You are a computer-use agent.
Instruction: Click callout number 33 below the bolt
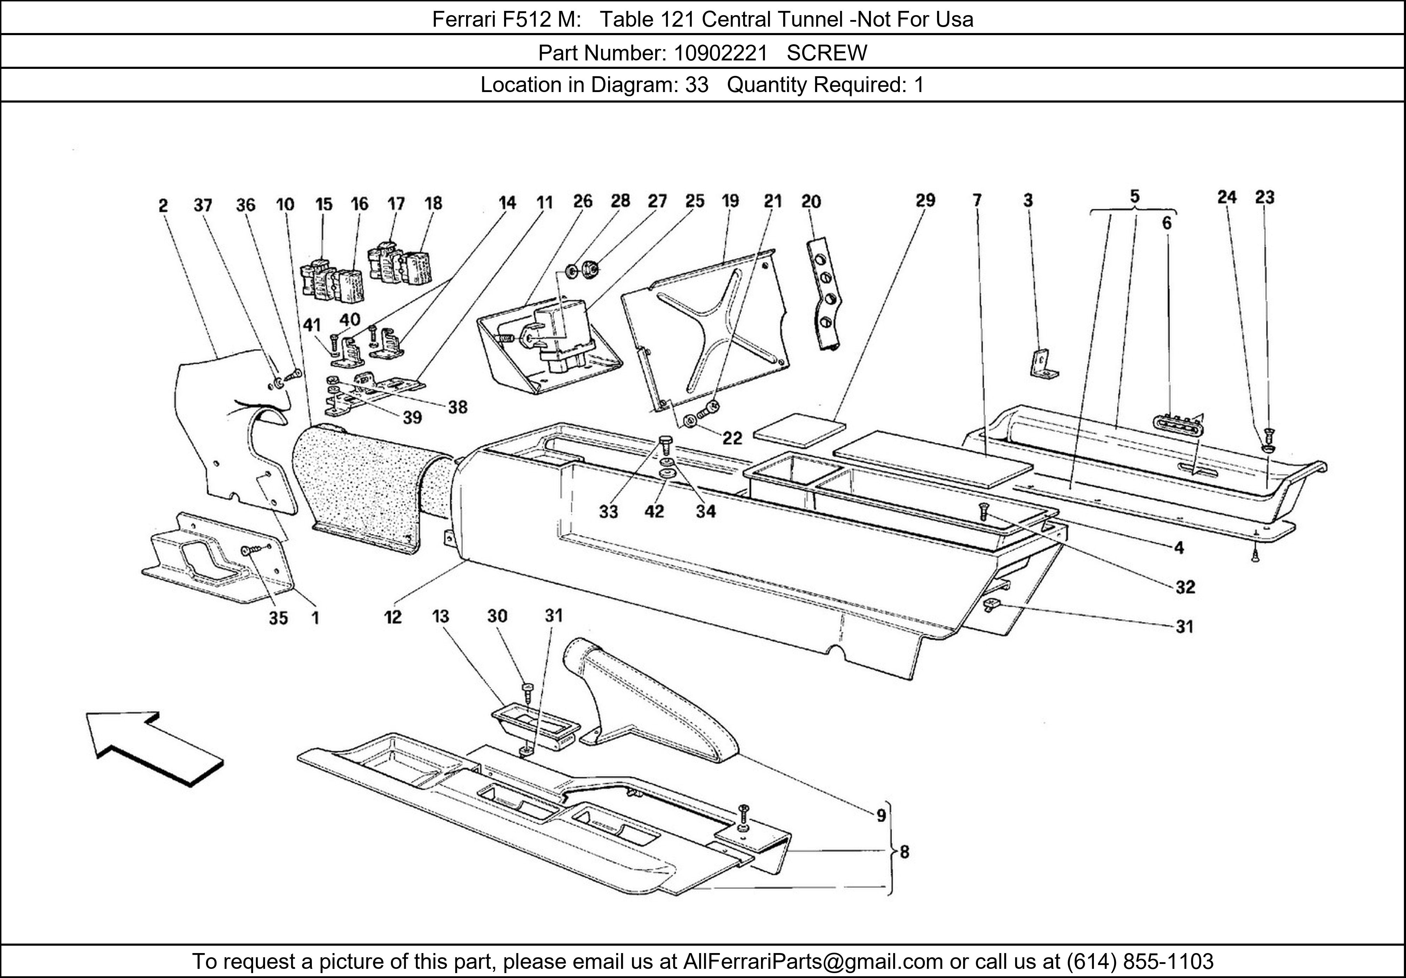608,511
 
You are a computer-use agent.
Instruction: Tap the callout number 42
654,511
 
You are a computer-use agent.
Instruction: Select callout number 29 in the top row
925,200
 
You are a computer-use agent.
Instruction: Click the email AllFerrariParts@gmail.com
813,961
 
